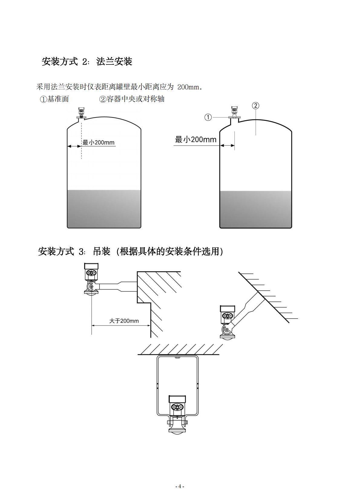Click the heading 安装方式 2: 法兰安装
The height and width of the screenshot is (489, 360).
tap(87, 61)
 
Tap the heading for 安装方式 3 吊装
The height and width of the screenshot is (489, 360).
tap(131, 251)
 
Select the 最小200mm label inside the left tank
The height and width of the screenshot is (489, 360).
tap(98, 143)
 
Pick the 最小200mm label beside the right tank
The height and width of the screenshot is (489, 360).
tap(196, 139)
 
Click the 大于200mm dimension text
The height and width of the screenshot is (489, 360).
tap(124, 321)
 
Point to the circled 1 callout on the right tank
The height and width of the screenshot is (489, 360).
tap(208, 117)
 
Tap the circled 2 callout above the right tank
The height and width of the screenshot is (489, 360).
tap(256, 106)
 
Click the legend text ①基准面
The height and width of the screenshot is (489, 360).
tap(54, 99)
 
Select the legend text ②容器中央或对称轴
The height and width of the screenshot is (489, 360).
tap(132, 99)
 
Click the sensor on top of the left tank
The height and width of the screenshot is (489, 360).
tap(82, 113)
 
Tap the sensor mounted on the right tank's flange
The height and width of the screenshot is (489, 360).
tap(235, 112)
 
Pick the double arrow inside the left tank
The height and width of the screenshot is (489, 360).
tap(74, 147)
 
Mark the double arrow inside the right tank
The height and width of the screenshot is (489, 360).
tap(227, 145)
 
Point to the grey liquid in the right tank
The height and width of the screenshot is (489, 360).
tap(256, 209)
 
